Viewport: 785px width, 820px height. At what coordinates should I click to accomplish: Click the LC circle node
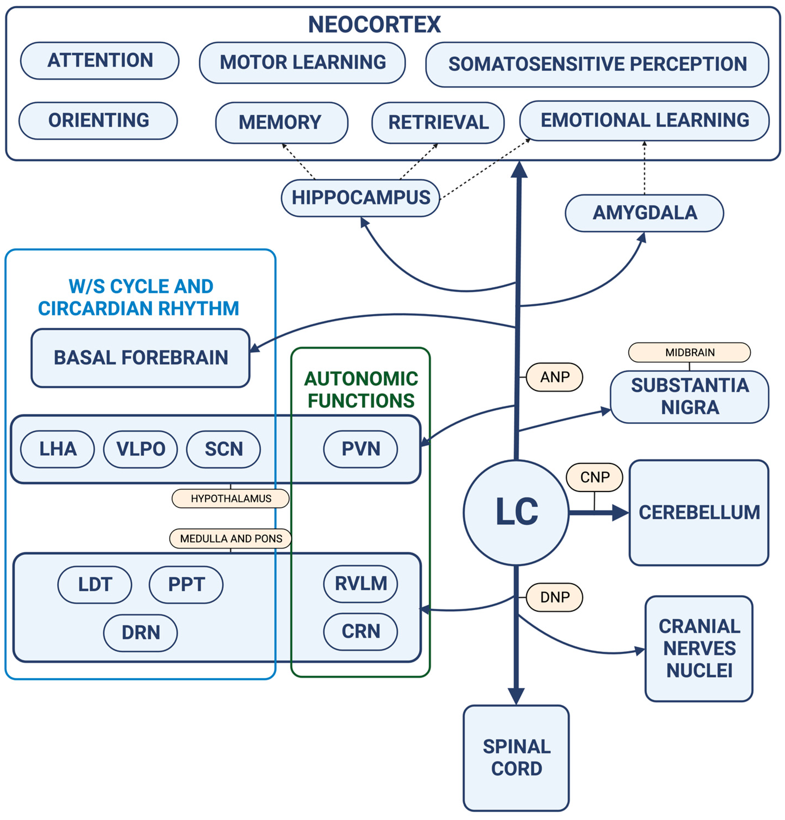click(516, 513)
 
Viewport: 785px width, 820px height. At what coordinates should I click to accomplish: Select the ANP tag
click(554, 377)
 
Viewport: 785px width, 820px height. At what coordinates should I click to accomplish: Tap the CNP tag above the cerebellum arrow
click(594, 477)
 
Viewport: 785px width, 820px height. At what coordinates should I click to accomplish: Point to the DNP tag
click(554, 597)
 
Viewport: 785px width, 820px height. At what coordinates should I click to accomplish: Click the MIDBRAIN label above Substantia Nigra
click(689, 352)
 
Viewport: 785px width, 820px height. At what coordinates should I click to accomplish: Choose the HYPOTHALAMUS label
click(231, 498)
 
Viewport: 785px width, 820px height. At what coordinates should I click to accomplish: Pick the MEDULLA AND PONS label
click(231, 538)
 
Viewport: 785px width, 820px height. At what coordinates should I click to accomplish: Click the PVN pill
click(360, 449)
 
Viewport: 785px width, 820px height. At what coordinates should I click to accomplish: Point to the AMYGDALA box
click(644, 213)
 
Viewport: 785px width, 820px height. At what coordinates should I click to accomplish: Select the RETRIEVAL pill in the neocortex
click(438, 123)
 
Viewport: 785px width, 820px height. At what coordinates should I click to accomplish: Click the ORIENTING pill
click(98, 121)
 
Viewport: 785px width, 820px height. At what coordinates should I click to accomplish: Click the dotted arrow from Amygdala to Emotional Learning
click(644, 168)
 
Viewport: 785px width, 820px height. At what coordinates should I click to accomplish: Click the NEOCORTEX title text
click(374, 24)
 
